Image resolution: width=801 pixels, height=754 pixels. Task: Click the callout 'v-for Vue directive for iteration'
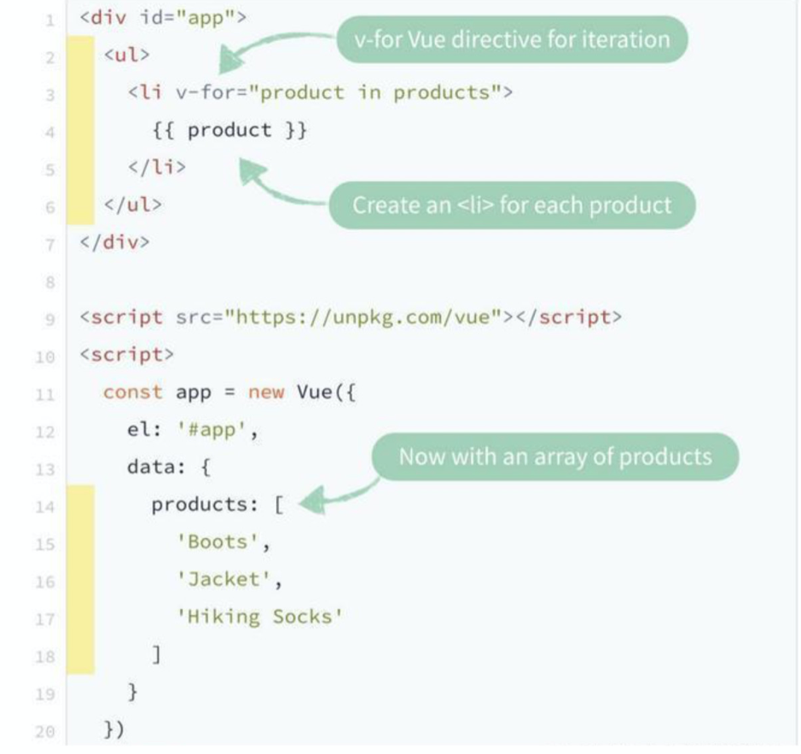tap(512, 39)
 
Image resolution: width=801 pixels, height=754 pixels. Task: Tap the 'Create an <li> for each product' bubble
tap(512, 206)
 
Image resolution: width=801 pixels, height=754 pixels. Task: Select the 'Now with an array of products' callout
tap(555, 456)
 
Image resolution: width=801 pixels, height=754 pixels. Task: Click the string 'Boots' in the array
tap(218, 542)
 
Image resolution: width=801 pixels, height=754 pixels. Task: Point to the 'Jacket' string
tap(223, 579)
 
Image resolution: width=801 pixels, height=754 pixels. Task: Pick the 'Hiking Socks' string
tap(259, 617)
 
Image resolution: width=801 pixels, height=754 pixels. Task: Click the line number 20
tap(45, 732)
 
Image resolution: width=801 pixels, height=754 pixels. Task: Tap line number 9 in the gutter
tap(49, 320)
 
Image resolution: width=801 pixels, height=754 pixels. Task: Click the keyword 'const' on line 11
tap(133, 392)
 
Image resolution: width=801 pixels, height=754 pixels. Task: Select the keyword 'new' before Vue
tap(266, 392)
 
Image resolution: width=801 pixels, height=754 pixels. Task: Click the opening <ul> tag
tap(127, 55)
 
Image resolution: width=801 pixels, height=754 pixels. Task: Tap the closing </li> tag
tap(157, 167)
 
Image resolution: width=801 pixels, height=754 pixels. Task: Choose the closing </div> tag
tap(115, 241)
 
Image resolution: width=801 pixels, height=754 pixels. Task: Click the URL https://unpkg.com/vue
tap(363, 318)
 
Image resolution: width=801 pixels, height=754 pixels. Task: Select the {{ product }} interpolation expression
tap(229, 130)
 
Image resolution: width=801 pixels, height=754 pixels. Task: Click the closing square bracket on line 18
tap(157, 654)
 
